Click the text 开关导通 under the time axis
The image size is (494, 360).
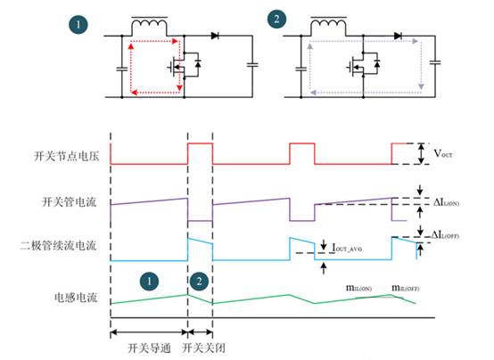[147, 349]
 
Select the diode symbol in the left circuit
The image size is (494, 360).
[216, 37]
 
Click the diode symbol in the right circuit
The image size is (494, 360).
[396, 37]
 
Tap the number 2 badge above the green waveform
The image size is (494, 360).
[199, 282]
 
